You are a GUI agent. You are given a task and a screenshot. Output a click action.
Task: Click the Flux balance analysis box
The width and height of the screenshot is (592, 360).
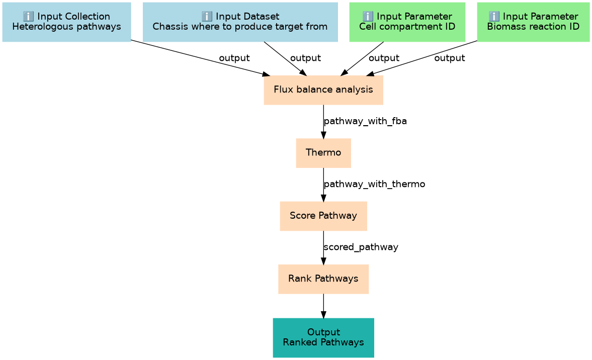tap(323, 90)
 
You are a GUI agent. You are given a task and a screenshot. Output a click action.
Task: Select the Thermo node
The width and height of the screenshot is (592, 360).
tap(323, 153)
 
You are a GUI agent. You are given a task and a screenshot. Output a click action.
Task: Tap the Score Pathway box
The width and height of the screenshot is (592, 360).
tap(323, 216)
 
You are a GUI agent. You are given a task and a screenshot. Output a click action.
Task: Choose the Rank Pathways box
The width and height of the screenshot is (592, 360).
tap(323, 279)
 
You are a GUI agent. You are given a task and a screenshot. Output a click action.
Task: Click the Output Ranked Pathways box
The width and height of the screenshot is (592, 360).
tap(323, 337)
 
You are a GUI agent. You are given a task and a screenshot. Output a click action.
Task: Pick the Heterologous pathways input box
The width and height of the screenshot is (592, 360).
tap(66, 22)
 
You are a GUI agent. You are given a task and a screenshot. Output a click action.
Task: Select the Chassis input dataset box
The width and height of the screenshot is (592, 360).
tap(240, 22)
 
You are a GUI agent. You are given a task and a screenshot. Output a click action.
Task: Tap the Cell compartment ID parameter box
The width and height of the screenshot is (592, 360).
tap(407, 22)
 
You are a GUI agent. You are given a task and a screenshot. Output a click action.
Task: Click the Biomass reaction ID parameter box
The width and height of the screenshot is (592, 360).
tap(533, 22)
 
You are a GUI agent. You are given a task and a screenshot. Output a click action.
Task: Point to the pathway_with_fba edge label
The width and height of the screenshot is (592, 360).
tap(365, 121)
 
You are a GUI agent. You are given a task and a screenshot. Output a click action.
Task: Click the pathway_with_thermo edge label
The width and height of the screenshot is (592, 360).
tap(374, 184)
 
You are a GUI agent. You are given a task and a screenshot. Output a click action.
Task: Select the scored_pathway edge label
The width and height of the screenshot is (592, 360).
tap(361, 247)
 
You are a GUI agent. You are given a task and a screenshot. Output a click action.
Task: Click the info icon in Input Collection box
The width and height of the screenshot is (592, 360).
tap(28, 16)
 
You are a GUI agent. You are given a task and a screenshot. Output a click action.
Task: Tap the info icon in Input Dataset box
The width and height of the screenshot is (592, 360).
tap(207, 16)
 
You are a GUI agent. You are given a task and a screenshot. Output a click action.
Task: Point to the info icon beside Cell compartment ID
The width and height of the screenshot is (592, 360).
tap(368, 16)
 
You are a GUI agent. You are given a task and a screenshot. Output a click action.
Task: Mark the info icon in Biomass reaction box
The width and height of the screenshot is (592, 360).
tap(494, 16)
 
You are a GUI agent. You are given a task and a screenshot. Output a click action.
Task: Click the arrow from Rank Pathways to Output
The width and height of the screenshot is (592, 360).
tap(323, 306)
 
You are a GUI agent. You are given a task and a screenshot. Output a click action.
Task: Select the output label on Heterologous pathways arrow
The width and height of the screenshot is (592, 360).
tap(234, 58)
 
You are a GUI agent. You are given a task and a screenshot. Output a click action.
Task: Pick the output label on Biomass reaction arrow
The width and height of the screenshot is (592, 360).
tap(449, 58)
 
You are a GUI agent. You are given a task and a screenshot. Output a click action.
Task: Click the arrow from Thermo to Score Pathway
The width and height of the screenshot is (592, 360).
tap(323, 185)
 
